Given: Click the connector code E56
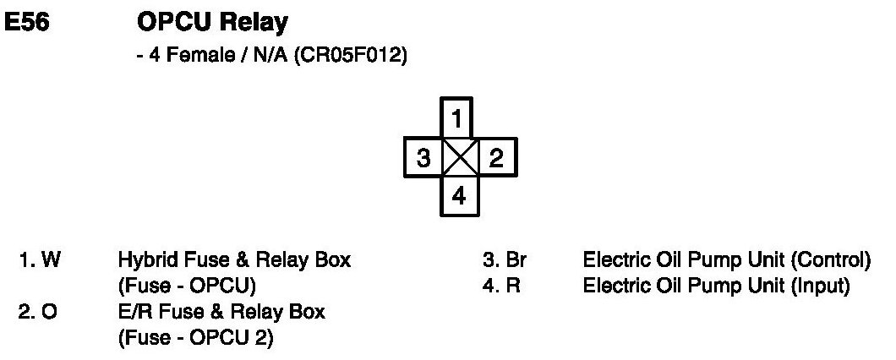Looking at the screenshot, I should (27, 23).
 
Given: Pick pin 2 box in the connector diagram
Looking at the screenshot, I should (497, 157).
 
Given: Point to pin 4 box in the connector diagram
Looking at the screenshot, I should (458, 196).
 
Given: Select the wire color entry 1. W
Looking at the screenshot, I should (40, 261).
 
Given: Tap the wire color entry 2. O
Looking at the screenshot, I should (39, 313).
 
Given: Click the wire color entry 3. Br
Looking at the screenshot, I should (504, 261).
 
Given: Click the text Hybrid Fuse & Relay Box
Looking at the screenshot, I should (234, 261).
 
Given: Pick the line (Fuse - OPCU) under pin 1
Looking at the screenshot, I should (187, 286).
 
